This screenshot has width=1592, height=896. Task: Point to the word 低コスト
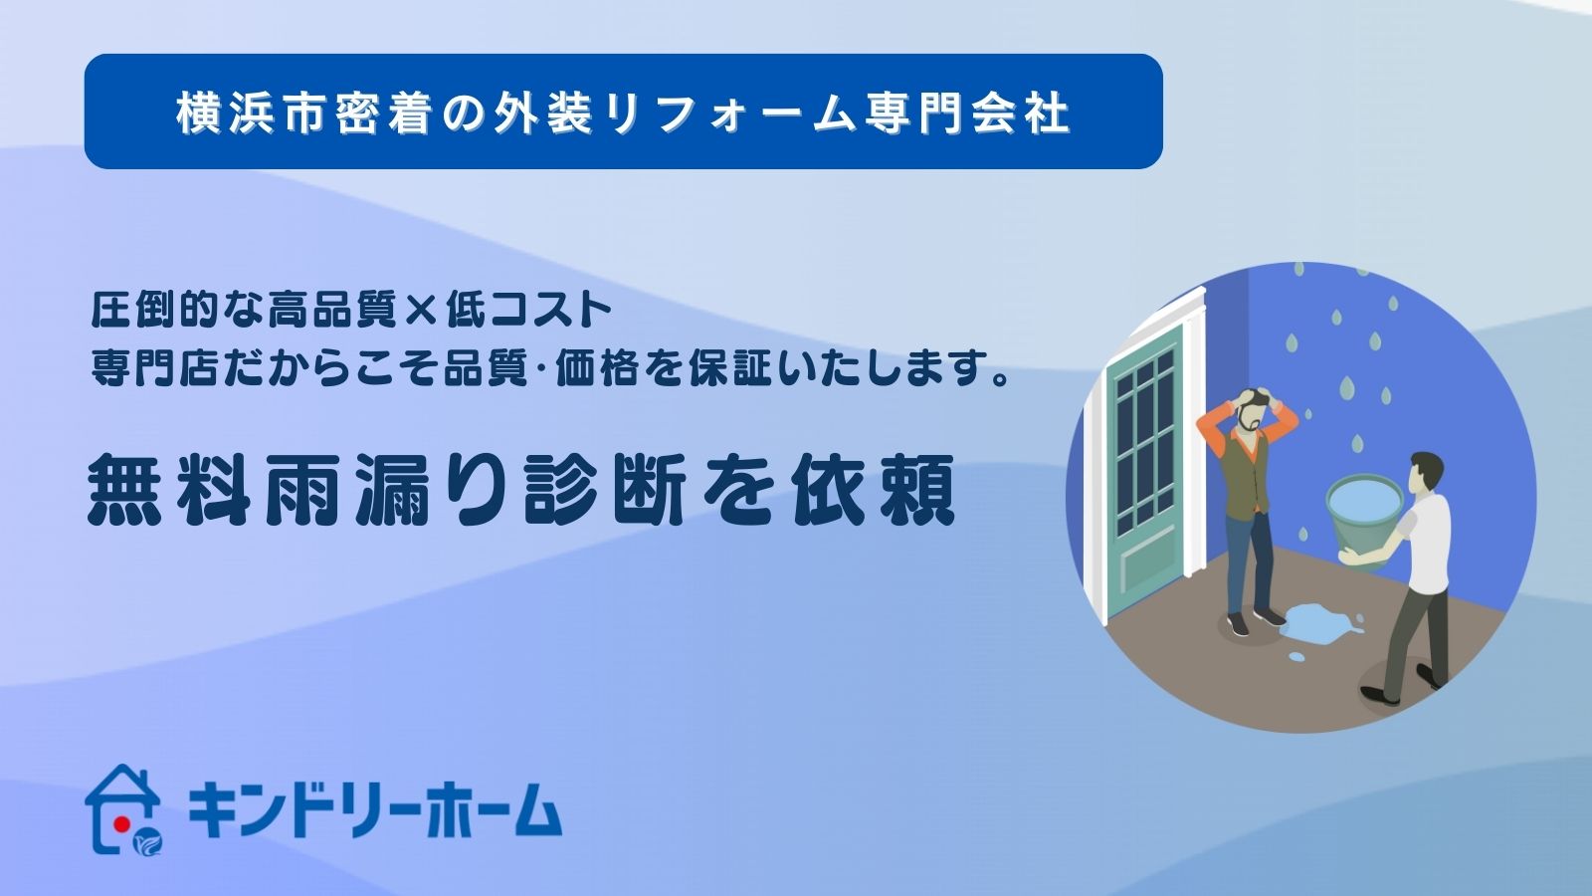tap(529, 311)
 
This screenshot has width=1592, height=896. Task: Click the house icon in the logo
tap(123, 808)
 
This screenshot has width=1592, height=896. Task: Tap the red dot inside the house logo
tap(121, 823)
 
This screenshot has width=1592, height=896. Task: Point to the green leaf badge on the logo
tap(148, 842)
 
